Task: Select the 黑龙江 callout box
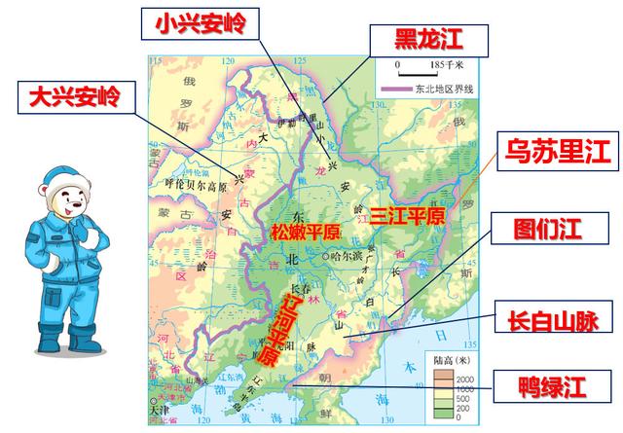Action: (425, 38)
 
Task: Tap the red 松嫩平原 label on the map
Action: (305, 233)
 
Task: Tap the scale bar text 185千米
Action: (444, 64)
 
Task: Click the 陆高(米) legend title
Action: (451, 358)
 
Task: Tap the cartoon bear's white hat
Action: (67, 182)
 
